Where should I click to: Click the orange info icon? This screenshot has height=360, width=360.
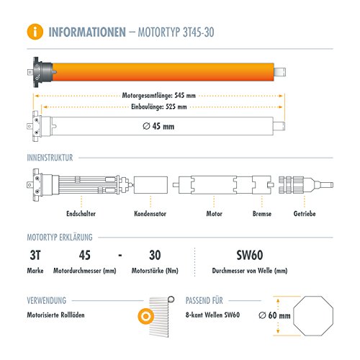point(35,32)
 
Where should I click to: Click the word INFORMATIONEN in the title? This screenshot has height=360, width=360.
point(87,32)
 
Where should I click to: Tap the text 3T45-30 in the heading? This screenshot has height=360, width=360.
point(199,32)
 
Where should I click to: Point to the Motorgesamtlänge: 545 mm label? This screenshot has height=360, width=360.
point(158,96)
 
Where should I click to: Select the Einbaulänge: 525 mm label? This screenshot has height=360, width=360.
point(159,107)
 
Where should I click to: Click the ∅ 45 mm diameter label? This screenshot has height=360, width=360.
point(158,126)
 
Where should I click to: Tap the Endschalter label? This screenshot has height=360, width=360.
point(81,214)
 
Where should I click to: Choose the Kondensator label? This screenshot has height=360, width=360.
point(150,214)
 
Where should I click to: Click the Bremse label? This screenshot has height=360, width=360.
point(262,214)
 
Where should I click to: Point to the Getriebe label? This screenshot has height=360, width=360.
point(305,214)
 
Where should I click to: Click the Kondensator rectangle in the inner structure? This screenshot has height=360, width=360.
point(150,185)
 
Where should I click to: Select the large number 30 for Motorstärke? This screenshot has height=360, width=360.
point(155,255)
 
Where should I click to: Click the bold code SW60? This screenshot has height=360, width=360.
point(250,255)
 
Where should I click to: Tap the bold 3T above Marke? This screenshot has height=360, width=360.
point(35,255)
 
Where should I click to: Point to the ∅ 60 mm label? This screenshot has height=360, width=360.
point(274,315)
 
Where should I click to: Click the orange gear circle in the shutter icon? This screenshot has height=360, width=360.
point(145,316)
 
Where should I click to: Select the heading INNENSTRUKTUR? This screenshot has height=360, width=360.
point(50,158)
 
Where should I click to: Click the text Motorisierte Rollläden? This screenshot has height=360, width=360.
point(55,315)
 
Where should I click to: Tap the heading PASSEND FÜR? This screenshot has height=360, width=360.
point(204,300)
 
